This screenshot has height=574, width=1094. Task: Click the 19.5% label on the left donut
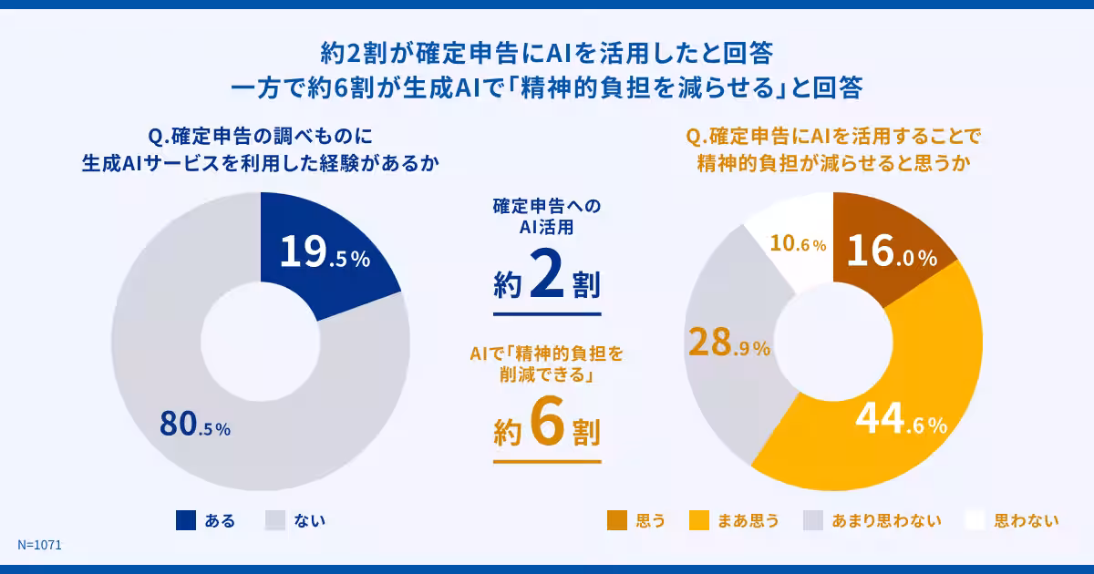tap(324, 254)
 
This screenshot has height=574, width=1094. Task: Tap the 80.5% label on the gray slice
tap(195, 425)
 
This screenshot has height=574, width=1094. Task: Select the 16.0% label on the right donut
tap(891, 254)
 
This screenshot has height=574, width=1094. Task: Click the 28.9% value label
tap(729, 344)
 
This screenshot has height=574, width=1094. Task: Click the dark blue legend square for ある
tap(186, 520)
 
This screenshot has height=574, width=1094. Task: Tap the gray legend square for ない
tap(276, 520)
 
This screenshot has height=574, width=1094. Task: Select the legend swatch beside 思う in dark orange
tap(617, 520)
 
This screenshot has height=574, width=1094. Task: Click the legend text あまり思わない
tap(886, 521)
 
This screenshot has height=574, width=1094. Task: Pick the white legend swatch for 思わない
tap(975, 520)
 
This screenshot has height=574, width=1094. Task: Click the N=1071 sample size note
tap(39, 545)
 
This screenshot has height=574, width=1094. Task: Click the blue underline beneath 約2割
tap(546, 314)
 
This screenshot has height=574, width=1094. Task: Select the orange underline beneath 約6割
tap(546, 461)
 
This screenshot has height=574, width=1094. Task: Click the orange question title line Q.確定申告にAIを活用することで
tap(832, 138)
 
